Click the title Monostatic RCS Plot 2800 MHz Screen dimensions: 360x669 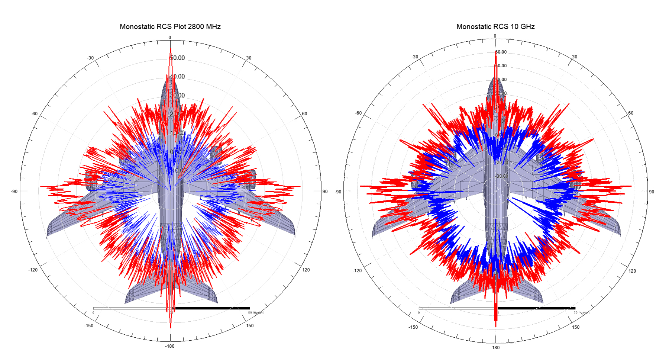click(170, 27)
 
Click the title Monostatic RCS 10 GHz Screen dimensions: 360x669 click(495, 27)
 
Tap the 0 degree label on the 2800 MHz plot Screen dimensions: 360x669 click(170, 38)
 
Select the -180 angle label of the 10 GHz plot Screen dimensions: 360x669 click(495, 348)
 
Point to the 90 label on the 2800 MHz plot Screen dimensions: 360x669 click(325, 192)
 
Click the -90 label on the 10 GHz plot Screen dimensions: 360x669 click(338, 192)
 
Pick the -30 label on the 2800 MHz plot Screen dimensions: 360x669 click(90, 58)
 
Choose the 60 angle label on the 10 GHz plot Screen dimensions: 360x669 click(631, 113)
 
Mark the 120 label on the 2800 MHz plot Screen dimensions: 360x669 click(306, 270)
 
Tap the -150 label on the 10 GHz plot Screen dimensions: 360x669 click(413, 327)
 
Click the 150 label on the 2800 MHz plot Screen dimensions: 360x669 click(250, 326)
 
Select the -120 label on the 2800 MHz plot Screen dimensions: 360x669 click(33, 270)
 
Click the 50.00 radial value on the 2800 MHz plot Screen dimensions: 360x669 click(177, 58)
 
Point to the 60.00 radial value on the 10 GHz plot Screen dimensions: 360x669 click(501, 52)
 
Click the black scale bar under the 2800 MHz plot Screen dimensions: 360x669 click(212, 308)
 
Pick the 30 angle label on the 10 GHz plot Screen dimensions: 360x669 click(574, 57)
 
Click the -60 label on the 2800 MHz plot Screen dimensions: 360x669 click(34, 114)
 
